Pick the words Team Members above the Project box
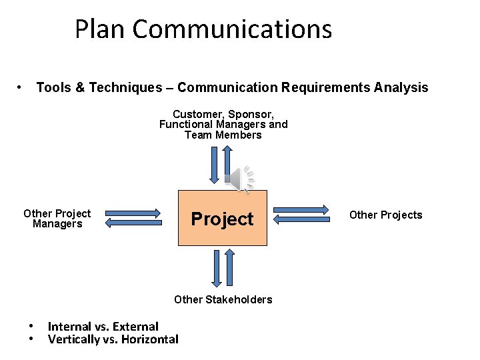223,135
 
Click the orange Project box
222,218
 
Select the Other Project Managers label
57,219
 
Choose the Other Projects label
385,215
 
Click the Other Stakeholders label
223,299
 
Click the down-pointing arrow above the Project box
214,163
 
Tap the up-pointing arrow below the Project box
230,269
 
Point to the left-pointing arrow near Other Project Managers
133,223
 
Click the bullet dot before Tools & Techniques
21,87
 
